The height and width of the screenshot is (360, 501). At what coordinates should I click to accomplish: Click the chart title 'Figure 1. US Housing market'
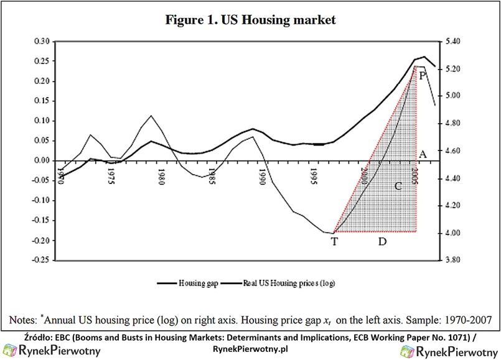pyautogui.click(x=250, y=20)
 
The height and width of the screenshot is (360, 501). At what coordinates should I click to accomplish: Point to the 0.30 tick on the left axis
pyautogui.click(x=41, y=41)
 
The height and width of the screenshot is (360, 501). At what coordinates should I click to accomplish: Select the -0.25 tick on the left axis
pyautogui.click(x=40, y=260)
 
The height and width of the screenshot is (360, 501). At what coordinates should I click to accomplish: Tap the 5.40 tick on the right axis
pyautogui.click(x=452, y=41)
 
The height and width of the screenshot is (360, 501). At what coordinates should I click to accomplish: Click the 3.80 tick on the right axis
pyautogui.click(x=452, y=260)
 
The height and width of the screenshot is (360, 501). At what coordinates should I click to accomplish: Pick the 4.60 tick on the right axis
pyautogui.click(x=452, y=150)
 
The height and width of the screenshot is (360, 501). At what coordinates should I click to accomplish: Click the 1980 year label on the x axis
pyautogui.click(x=161, y=176)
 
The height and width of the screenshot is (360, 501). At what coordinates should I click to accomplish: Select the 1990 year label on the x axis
pyautogui.click(x=263, y=176)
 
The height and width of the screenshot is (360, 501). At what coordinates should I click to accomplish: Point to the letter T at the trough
pyautogui.click(x=334, y=242)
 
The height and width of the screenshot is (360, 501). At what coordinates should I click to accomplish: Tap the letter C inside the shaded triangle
pyautogui.click(x=398, y=186)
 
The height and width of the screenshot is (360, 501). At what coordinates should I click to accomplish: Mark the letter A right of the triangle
pyautogui.click(x=423, y=154)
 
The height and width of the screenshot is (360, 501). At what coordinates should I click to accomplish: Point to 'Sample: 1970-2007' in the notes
pyautogui.click(x=448, y=320)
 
